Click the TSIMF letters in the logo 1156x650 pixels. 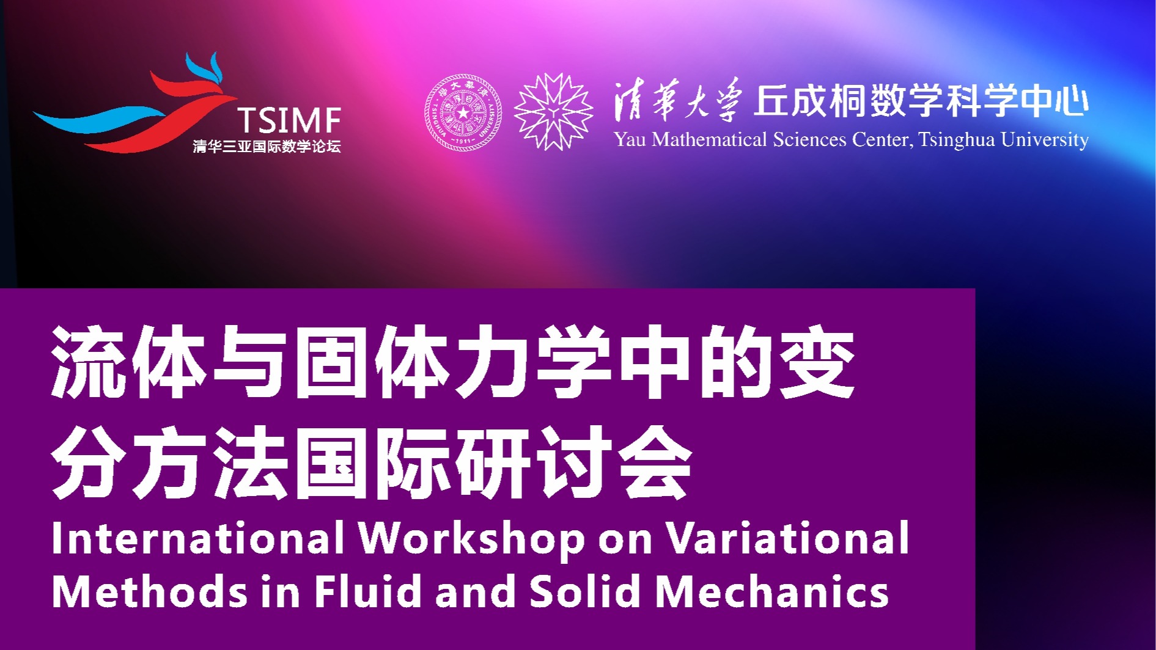click(x=289, y=120)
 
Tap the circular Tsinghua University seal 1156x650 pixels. click(x=463, y=112)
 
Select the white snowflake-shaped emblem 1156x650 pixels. click(x=553, y=112)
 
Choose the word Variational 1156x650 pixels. click(x=787, y=538)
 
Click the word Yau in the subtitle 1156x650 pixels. click(x=630, y=140)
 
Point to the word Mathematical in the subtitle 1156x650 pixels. click(x=709, y=140)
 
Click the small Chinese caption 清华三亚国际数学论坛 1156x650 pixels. click(x=267, y=147)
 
